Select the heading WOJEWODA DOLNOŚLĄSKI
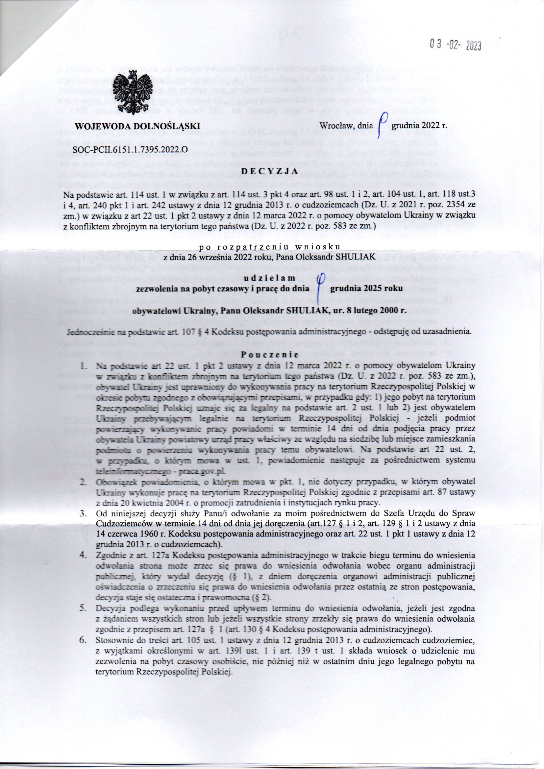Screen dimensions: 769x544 (x=137, y=126)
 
